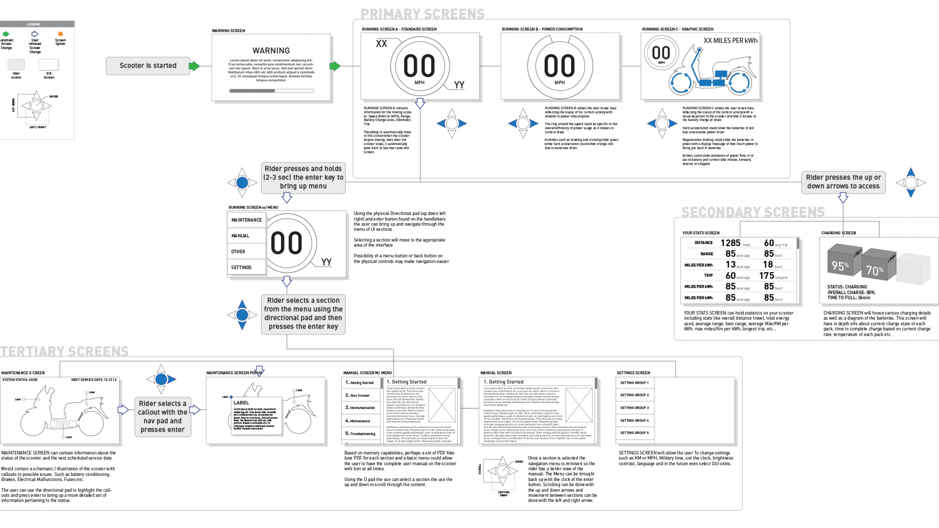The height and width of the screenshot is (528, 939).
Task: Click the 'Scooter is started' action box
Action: click(x=148, y=66)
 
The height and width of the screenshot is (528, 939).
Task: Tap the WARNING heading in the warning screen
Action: click(x=271, y=51)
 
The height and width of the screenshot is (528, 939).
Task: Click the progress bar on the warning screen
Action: click(x=271, y=91)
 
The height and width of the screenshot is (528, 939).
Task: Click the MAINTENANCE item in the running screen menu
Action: click(x=246, y=220)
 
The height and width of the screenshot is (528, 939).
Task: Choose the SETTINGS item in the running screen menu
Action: click(x=241, y=267)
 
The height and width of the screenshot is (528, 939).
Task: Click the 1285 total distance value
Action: click(x=730, y=243)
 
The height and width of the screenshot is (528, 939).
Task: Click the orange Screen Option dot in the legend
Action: click(x=61, y=34)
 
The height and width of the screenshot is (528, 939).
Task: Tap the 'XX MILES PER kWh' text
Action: click(x=730, y=40)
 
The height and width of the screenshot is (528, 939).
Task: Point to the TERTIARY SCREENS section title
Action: click(x=64, y=351)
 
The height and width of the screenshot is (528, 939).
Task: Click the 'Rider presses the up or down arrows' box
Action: click(x=843, y=182)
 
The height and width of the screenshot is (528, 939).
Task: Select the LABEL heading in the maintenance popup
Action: click(x=241, y=403)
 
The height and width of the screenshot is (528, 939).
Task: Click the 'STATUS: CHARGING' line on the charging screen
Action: click(x=847, y=287)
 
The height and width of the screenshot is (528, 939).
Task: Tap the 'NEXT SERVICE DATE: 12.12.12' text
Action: click(x=94, y=380)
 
